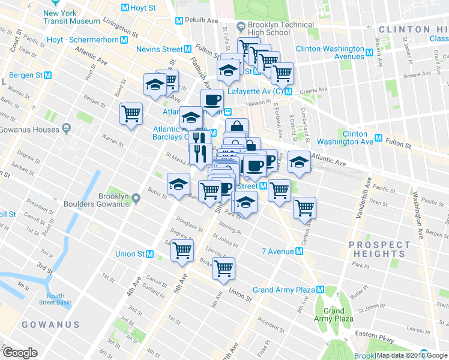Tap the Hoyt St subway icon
point(125,8)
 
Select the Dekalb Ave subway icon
point(179,20)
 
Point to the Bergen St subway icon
point(47,76)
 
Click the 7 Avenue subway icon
point(299,251)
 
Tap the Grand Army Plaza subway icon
point(320,290)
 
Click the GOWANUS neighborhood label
point(50,325)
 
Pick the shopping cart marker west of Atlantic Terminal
point(131,113)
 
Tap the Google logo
point(20,353)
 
